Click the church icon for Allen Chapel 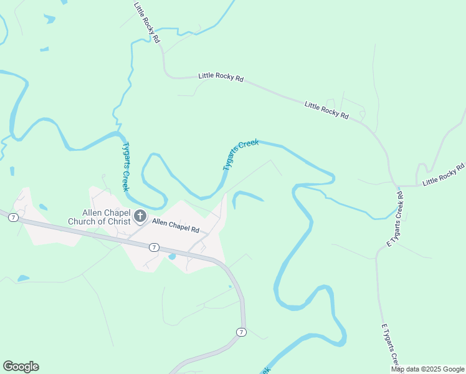click(140, 217)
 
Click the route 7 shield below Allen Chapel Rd click(154, 247)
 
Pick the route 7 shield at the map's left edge click(12, 217)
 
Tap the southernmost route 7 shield click(241, 332)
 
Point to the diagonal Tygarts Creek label click(240, 155)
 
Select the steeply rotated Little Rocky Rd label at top click(147, 22)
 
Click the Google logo click(21, 367)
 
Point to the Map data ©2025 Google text click(428, 369)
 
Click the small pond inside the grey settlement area click(172, 256)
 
